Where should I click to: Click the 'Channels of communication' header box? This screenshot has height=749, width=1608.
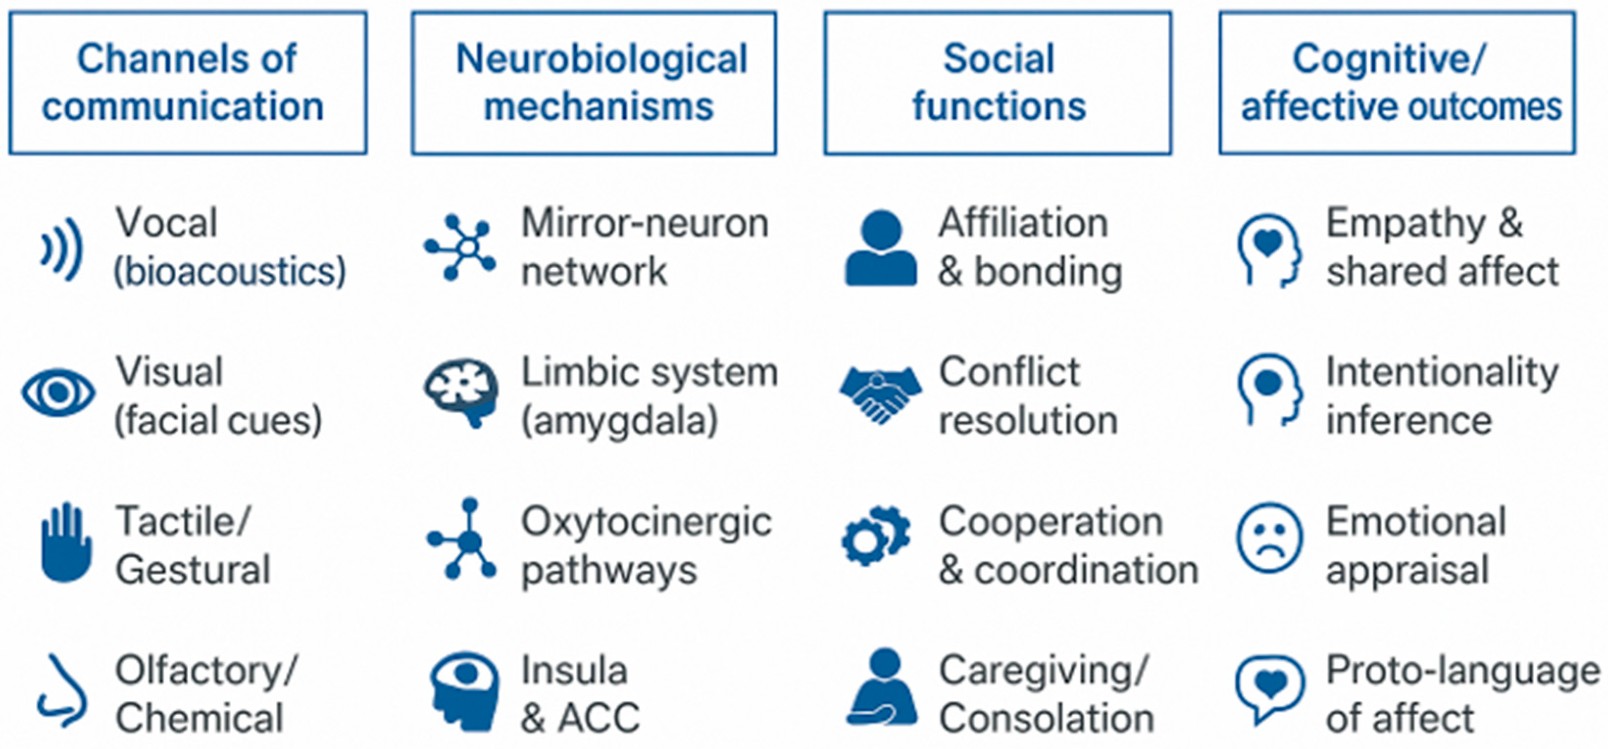[188, 83]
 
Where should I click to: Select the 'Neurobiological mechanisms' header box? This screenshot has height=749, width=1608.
[594, 83]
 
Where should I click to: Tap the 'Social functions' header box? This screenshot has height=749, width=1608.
[997, 83]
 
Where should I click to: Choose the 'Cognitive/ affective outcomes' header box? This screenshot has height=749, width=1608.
[1397, 83]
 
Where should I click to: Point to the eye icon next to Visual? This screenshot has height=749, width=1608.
[58, 392]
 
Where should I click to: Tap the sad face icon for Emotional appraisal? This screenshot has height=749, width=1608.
[1270, 538]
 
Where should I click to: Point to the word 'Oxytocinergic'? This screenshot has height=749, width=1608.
[647, 523]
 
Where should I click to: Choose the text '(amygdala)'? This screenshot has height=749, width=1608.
[620, 421]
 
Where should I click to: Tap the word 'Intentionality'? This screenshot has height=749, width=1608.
[1442, 373]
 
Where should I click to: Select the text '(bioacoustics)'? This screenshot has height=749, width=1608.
[230, 272]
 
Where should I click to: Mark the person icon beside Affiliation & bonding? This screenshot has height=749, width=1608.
[881, 249]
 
